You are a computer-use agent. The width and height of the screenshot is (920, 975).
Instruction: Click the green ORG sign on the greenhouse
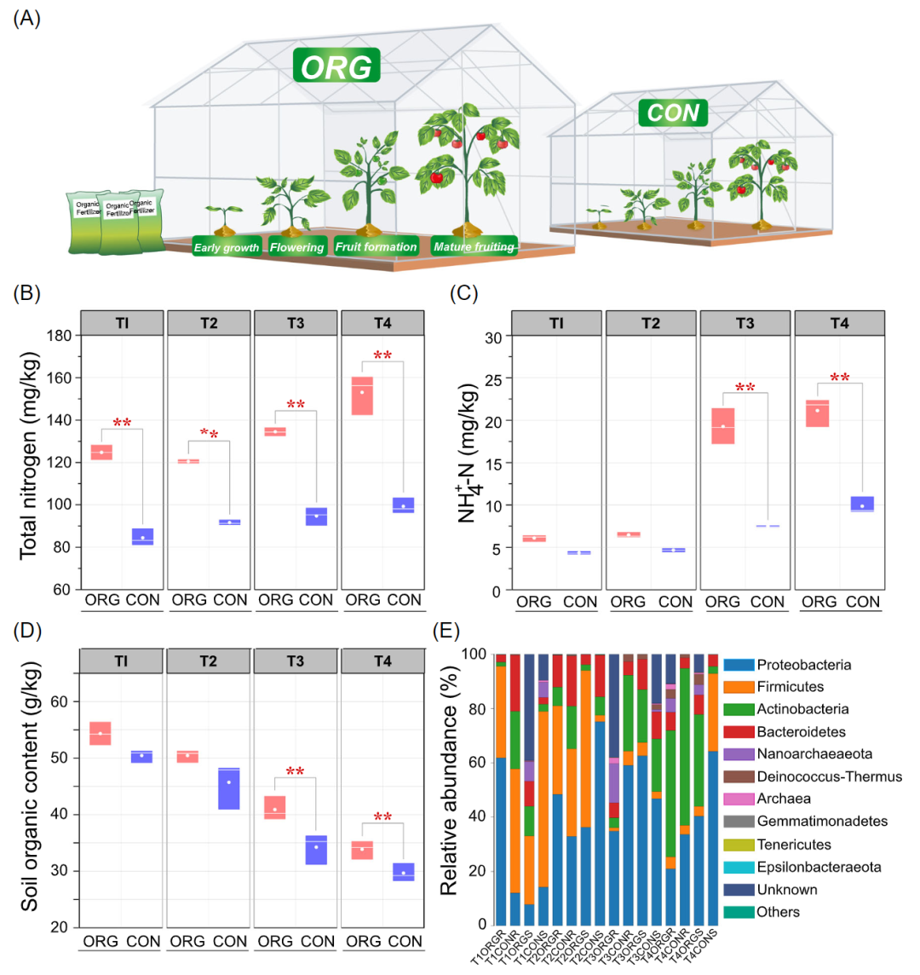336,66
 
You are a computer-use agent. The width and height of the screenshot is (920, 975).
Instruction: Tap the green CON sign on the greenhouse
673,112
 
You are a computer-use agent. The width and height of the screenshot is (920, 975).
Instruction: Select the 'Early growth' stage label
226,247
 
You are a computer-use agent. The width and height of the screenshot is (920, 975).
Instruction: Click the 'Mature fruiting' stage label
474,247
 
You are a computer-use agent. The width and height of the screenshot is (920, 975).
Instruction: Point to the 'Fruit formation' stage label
376,247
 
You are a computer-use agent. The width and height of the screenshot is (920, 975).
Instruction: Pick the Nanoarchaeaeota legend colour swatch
738,754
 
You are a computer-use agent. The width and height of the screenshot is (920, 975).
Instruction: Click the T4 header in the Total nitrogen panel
382,323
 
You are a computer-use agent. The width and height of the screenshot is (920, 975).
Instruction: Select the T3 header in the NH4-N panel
745,324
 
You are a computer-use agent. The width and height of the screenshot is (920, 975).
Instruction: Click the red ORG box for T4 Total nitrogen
362,395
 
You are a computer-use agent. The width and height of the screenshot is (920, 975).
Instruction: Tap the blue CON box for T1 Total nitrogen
142,537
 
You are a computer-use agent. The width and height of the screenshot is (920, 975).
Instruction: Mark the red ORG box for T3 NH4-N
723,425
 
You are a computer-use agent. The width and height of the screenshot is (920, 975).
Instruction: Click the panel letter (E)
448,631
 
